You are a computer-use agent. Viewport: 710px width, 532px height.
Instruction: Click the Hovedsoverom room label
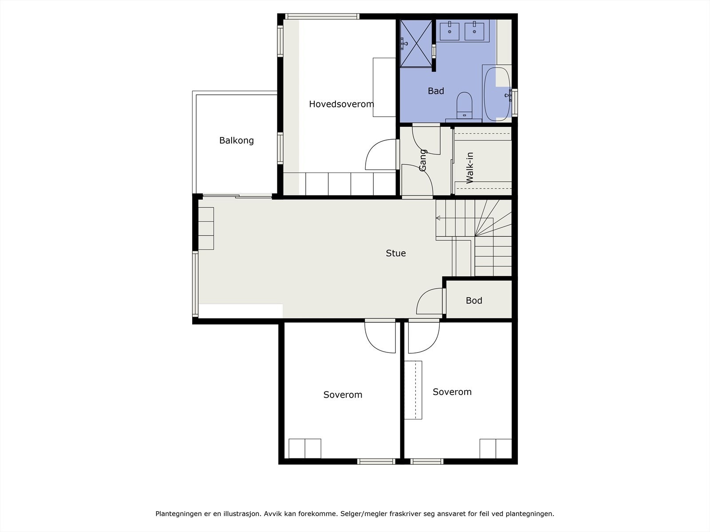pos(341,104)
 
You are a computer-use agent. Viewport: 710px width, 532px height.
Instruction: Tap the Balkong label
pos(237,141)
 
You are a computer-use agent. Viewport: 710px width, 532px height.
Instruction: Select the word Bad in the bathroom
pos(436,91)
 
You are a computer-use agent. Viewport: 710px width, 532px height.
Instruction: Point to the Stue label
pos(395,253)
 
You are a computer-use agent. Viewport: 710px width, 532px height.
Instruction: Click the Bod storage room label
pos(474,301)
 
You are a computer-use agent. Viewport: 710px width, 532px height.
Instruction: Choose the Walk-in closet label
pos(469,168)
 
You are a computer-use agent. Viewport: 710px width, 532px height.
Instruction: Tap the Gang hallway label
pos(422,160)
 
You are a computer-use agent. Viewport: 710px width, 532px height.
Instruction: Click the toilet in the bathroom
pos(464,106)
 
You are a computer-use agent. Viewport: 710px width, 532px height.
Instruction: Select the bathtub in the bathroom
pos(497,94)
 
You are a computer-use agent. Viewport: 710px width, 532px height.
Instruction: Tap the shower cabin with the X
pos(416,43)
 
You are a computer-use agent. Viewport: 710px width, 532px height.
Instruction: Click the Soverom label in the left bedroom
pos(343,395)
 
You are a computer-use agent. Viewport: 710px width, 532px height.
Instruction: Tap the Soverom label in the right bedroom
pos(452,392)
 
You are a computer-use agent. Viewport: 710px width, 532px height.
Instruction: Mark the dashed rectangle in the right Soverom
pos(414,390)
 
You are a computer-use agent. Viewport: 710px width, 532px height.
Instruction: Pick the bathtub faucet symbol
pos(509,96)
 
